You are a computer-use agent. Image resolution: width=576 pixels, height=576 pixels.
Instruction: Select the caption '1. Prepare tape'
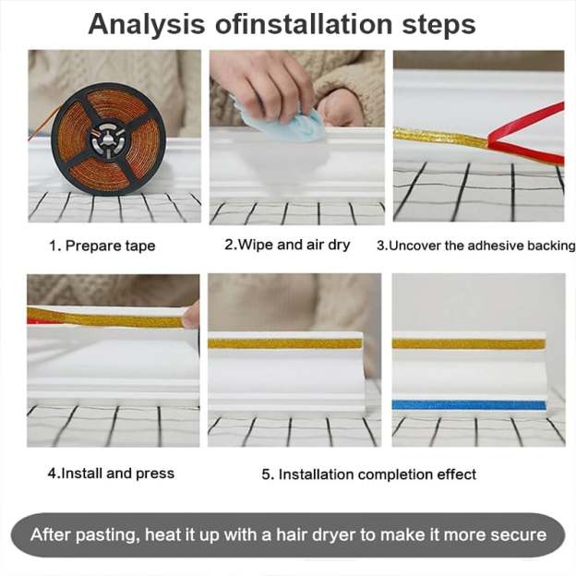102,246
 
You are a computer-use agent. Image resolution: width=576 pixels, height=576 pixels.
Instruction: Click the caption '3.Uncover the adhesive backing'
476,246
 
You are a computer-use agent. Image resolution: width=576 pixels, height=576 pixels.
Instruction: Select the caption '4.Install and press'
111,474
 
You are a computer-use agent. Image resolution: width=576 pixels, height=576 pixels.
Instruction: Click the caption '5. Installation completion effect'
368,474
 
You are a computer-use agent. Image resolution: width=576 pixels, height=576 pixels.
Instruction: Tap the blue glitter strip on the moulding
469,404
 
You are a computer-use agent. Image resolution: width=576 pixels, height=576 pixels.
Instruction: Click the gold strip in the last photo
469,343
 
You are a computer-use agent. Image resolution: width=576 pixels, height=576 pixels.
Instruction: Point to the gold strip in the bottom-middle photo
283,343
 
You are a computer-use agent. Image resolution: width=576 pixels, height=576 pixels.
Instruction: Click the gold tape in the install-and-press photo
102,319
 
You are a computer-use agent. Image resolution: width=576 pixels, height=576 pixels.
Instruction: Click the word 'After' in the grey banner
51,534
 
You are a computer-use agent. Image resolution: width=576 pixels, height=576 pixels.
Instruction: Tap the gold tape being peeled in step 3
438,137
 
